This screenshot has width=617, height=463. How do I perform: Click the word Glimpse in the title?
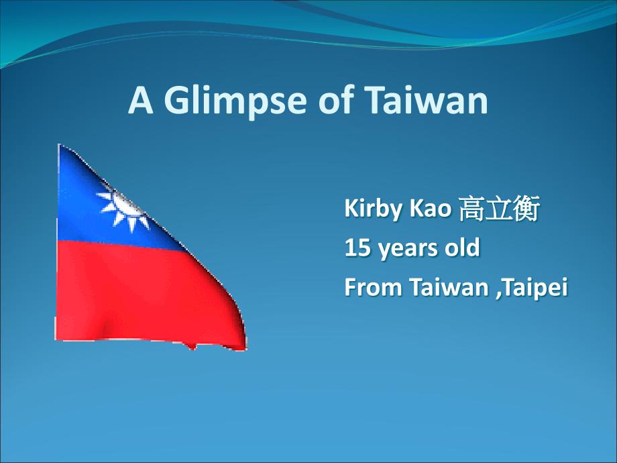(235, 101)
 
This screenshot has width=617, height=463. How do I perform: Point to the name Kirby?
(374, 209)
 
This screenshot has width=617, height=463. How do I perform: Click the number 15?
(357, 248)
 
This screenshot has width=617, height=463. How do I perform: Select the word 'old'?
(462, 247)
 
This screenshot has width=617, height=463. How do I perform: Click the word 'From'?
(373, 287)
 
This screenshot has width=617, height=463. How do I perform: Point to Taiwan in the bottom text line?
(449, 287)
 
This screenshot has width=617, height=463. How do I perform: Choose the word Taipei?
(535, 288)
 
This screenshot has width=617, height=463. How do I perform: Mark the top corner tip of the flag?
(59, 144)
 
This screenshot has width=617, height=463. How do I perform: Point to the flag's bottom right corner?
(245, 348)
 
